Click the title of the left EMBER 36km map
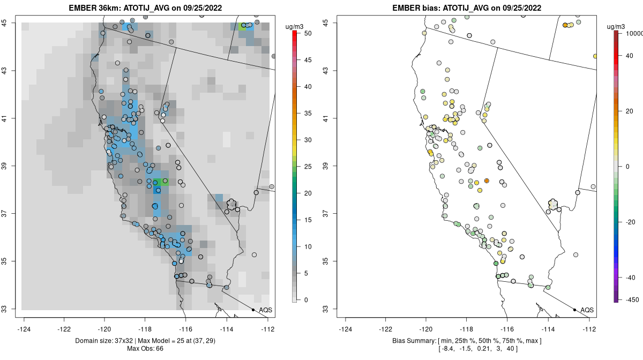148,8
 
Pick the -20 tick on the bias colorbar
631,222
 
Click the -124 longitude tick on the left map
25,329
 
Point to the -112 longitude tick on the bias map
589,329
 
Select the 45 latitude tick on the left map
10,22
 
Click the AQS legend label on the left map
265,310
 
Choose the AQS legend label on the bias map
587,310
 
